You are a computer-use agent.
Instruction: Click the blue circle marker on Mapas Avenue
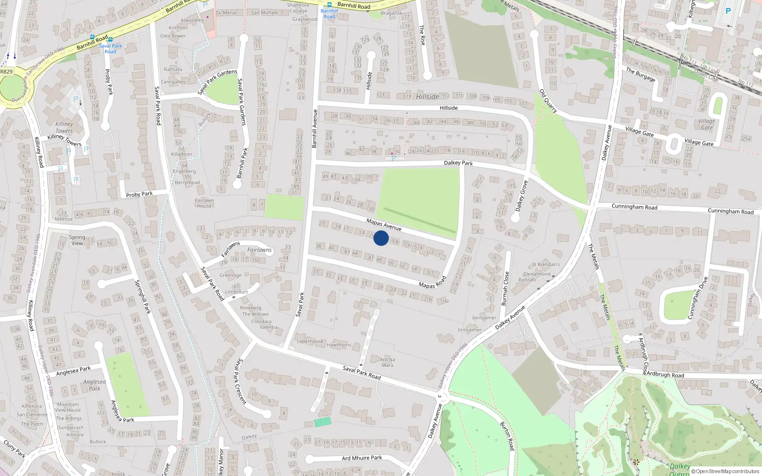point(381,238)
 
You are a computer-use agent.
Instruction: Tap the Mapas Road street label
point(432,282)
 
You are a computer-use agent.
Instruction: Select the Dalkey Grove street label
point(522,196)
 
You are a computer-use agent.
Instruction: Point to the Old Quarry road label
point(548,101)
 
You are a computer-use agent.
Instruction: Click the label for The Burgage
point(641,75)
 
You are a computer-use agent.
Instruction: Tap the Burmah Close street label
point(505,288)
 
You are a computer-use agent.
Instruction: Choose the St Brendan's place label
point(546,264)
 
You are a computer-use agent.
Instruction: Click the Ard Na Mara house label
point(387,362)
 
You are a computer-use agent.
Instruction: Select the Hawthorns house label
point(339,345)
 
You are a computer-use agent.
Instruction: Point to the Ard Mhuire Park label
point(362,458)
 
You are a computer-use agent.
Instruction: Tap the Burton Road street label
point(507,436)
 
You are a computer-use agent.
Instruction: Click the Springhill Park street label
point(142,297)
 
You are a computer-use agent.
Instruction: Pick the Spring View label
point(77,240)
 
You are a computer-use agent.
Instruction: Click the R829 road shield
point(6,71)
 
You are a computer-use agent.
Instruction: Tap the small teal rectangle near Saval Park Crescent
point(322,422)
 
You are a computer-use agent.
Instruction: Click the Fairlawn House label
point(204,203)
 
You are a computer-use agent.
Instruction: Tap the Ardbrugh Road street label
point(665,375)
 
